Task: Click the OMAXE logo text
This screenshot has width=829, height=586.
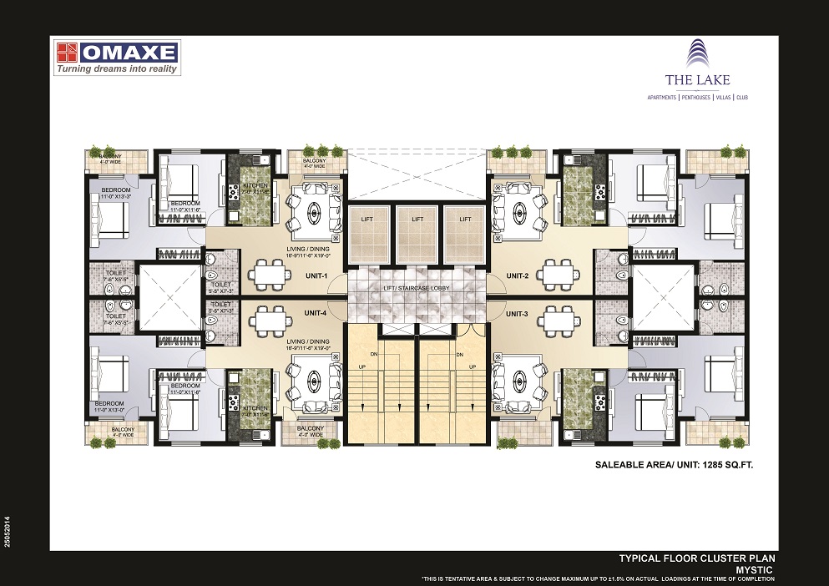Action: tap(129, 53)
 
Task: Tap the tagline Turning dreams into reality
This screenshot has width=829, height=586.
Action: tap(117, 70)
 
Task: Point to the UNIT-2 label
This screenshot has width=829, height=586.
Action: tap(518, 276)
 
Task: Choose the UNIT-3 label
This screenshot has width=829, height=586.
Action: tap(518, 314)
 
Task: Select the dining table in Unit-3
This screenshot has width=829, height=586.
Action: tap(555, 318)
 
